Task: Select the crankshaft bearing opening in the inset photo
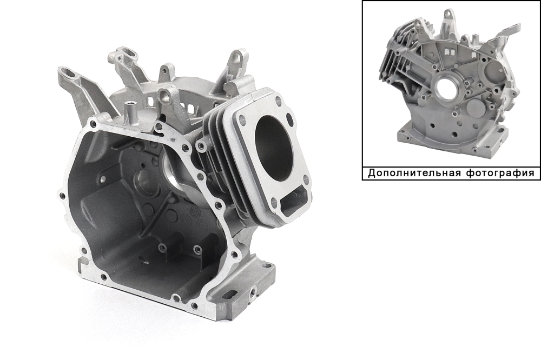(x=445, y=89)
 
